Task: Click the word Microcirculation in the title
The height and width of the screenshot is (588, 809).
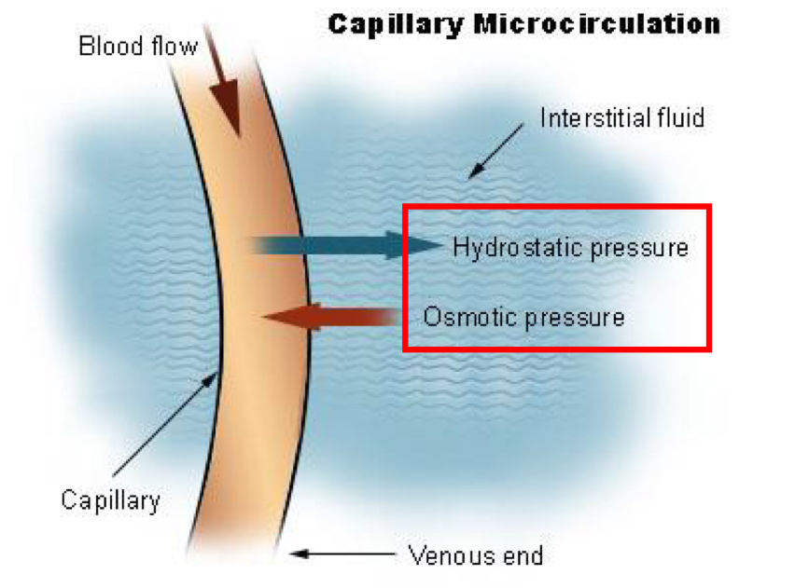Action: (x=597, y=23)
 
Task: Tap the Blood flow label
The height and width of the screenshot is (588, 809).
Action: (x=138, y=46)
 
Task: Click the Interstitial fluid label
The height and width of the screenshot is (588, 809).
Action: (x=621, y=118)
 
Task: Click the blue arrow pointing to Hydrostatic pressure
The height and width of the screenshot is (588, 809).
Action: (x=345, y=245)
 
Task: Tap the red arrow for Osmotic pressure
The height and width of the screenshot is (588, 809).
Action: (x=327, y=317)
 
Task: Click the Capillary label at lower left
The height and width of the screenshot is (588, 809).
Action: (x=110, y=499)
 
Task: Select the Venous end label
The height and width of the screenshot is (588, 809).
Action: (x=475, y=556)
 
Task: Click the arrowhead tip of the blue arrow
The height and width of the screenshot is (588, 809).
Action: (x=439, y=245)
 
